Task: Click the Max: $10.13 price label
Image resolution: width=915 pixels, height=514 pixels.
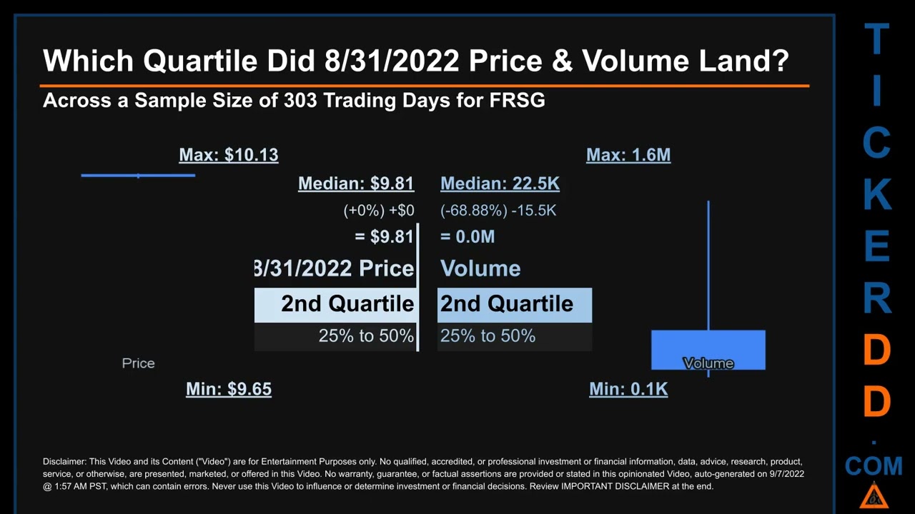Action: pyautogui.click(x=229, y=155)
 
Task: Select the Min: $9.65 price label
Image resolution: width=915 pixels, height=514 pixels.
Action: pyautogui.click(x=229, y=389)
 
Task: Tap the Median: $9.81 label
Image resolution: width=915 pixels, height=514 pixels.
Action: pyautogui.click(x=356, y=183)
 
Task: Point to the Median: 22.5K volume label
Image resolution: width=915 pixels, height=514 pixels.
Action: pyautogui.click(x=500, y=183)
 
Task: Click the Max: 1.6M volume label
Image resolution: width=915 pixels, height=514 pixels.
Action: pyautogui.click(x=628, y=155)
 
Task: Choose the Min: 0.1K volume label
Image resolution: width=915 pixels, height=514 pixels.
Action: pyautogui.click(x=628, y=389)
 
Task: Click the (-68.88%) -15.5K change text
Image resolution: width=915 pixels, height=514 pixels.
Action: pyautogui.click(x=498, y=211)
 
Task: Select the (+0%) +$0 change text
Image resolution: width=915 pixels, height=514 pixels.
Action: pyautogui.click(x=379, y=211)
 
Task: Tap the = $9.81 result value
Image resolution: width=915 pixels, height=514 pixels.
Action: pyautogui.click(x=384, y=237)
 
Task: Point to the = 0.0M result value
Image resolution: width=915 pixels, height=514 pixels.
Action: pyautogui.click(x=468, y=237)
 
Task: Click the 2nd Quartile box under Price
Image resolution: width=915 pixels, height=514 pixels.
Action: pyautogui.click(x=335, y=305)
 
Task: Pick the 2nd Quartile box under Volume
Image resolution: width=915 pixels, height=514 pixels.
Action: pyautogui.click(x=515, y=305)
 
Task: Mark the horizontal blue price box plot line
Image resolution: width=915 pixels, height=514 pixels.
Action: pyautogui.click(x=138, y=175)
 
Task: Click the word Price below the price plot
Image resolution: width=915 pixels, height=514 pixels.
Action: pyautogui.click(x=138, y=363)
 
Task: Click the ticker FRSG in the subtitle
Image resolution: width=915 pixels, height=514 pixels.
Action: pyautogui.click(x=517, y=100)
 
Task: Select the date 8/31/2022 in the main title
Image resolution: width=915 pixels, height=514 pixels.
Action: pyautogui.click(x=392, y=61)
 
